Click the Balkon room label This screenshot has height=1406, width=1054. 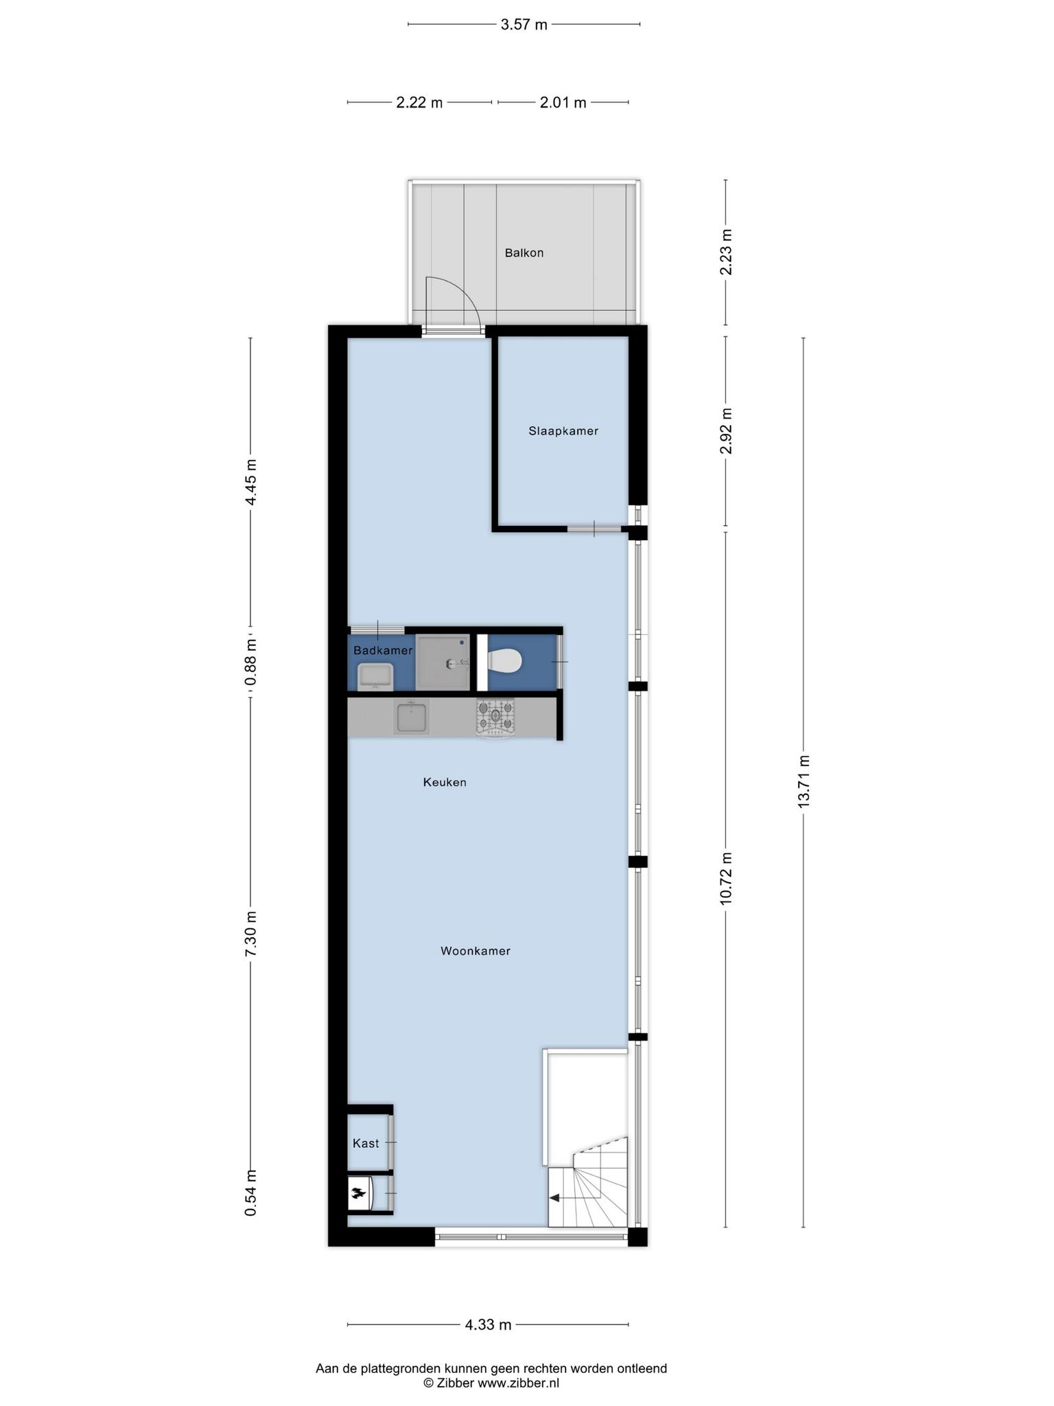click(x=524, y=253)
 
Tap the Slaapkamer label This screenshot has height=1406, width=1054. click(x=563, y=431)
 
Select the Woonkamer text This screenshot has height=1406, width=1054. click(x=476, y=951)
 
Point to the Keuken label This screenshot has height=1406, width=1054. click(x=445, y=782)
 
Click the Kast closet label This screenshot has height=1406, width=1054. click(x=366, y=1143)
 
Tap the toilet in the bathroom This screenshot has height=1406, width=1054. click(x=504, y=662)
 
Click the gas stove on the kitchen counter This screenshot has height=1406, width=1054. click(x=495, y=718)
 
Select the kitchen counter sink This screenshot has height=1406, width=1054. click(x=411, y=717)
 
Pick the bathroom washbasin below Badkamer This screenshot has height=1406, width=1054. click(x=375, y=676)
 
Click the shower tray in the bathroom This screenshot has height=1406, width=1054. click(x=443, y=662)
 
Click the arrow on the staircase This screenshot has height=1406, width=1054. click(x=554, y=1198)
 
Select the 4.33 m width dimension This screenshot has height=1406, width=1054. click(x=488, y=1324)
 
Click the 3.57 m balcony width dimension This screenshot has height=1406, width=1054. click(x=524, y=25)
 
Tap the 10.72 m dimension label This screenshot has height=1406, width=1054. click(x=726, y=879)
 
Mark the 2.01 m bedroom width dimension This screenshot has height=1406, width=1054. click(x=563, y=103)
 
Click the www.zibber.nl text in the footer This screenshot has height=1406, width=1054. click(x=518, y=1383)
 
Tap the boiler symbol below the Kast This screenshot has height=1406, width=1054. click(x=358, y=1193)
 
